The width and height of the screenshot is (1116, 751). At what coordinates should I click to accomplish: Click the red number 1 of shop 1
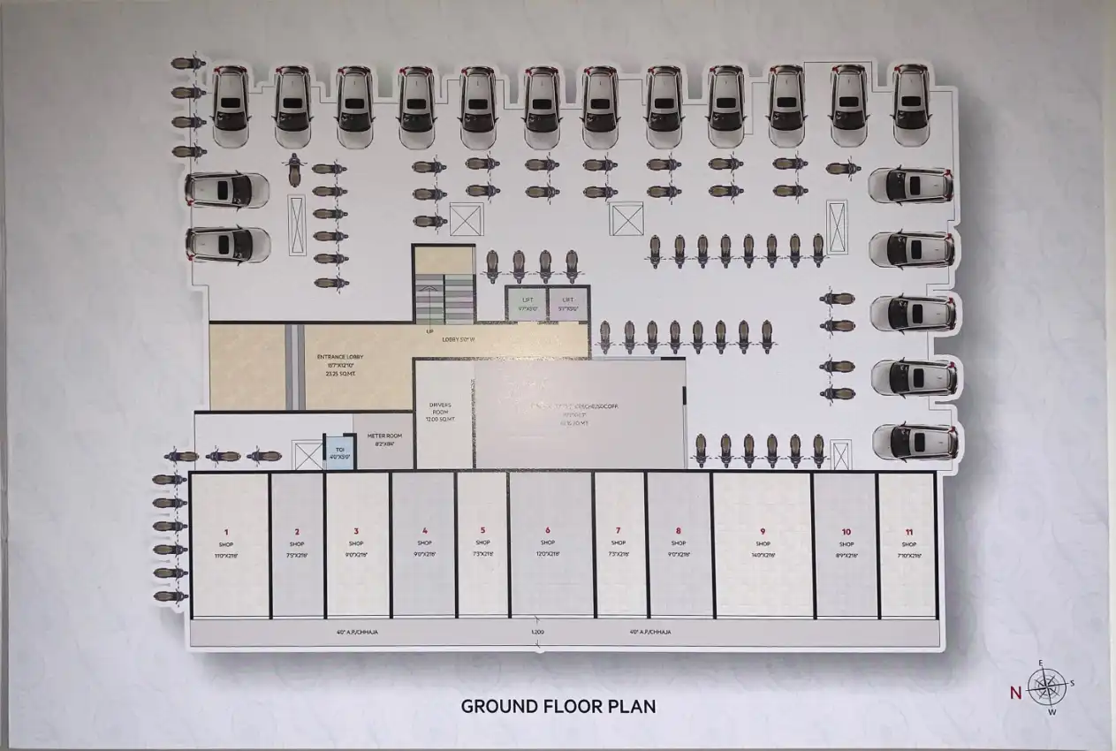point(226,532)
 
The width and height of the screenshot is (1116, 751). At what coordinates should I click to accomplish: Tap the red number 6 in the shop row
point(548,531)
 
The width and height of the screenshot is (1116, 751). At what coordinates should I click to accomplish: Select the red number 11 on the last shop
point(909,532)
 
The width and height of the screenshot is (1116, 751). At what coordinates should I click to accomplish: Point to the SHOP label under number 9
point(763,544)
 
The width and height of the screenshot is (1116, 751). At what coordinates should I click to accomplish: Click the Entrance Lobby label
point(340,357)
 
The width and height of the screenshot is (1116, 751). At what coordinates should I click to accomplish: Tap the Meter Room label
point(385,436)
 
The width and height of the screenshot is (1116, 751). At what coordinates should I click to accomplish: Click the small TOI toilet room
point(339,451)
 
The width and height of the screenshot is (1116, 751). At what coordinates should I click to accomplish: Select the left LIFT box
point(527,302)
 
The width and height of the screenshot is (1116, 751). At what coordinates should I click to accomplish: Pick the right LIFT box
point(568,302)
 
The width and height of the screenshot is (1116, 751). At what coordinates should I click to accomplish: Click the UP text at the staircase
point(429,332)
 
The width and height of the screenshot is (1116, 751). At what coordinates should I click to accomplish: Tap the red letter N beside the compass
point(1015,693)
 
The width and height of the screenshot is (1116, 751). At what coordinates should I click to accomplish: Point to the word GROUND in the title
point(500,707)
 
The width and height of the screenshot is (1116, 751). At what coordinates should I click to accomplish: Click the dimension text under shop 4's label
point(425,555)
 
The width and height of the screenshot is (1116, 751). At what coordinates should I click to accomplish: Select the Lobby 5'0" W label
point(459,338)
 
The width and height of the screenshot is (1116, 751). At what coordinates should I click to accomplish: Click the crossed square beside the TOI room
point(308,457)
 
